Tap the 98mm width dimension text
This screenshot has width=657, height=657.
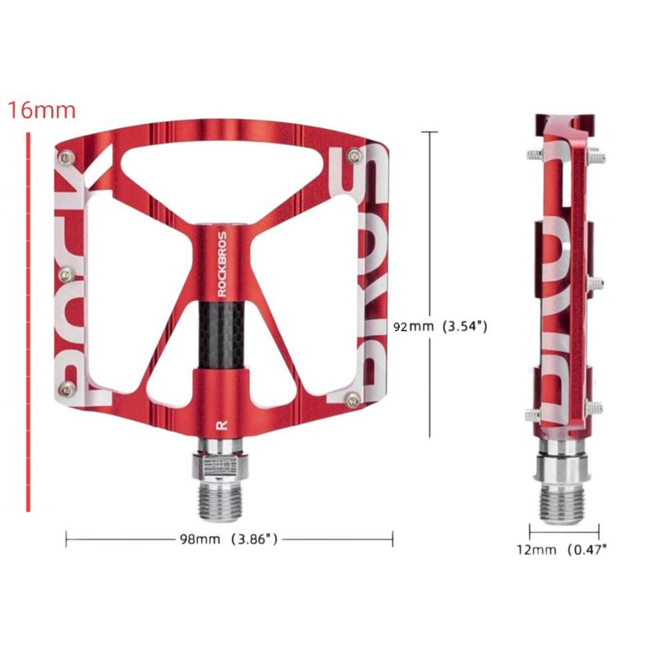coord(200,540)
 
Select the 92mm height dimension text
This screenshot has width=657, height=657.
coord(412,326)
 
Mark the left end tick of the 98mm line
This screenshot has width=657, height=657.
coord(67,540)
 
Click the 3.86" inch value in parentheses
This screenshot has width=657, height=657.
coord(255,540)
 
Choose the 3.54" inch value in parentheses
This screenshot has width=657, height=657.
coord(466,326)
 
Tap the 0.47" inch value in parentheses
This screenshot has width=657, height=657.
coord(589,549)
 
